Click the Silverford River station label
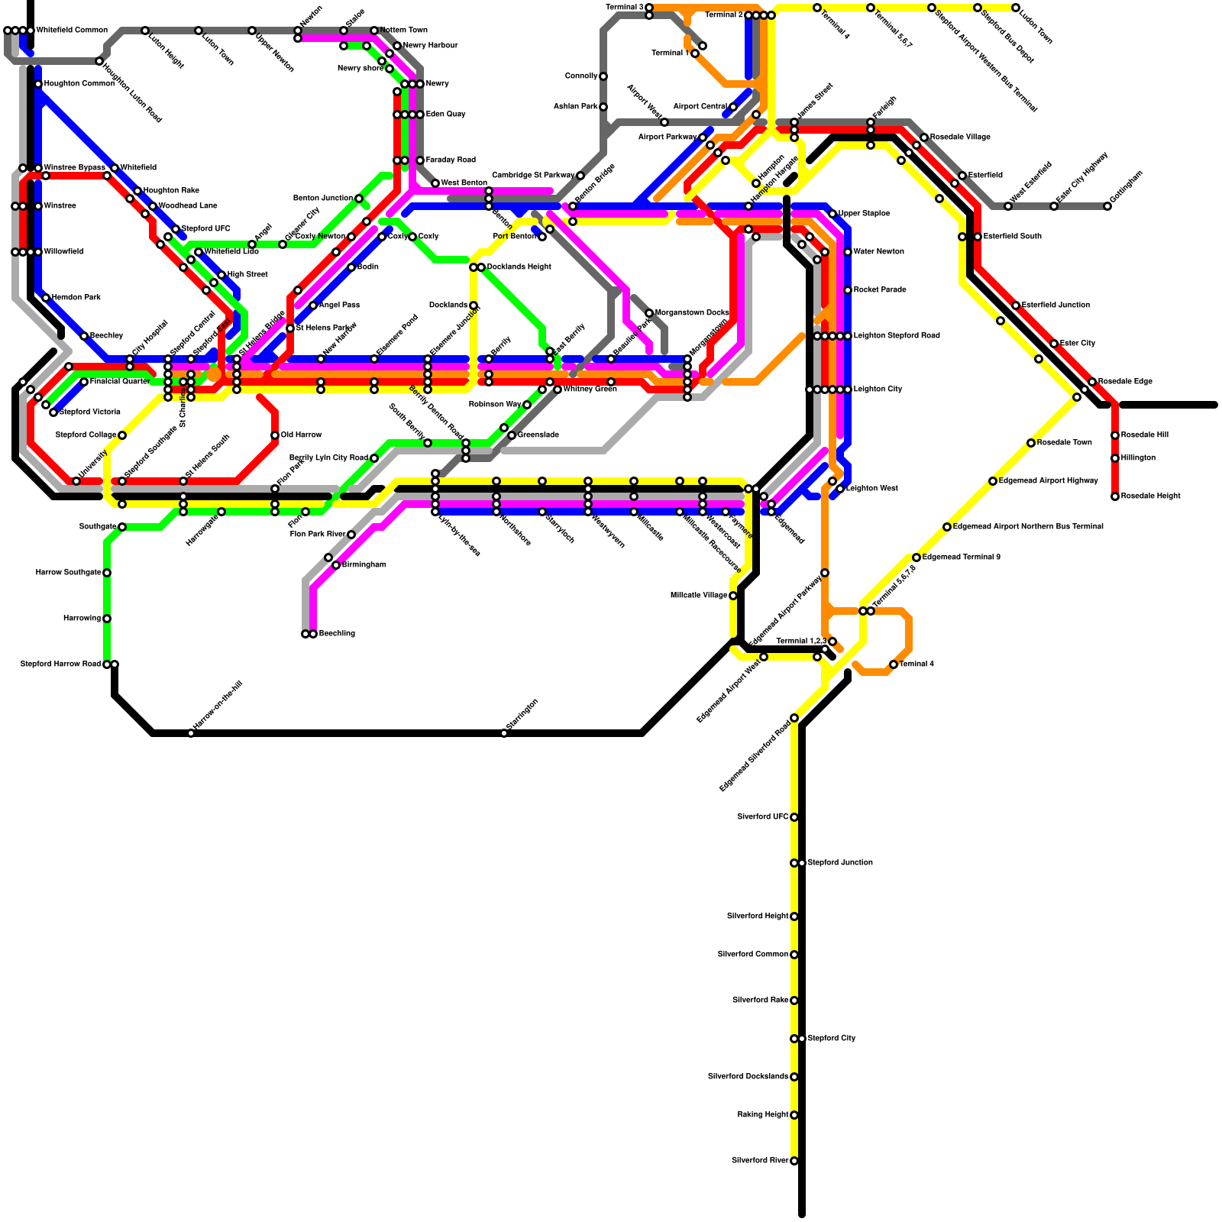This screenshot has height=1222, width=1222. coord(760,1161)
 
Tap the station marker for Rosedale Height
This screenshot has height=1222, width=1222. coord(1115,496)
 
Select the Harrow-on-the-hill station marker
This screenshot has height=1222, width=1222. coord(191,733)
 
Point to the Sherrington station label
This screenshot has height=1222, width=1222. coord(522,715)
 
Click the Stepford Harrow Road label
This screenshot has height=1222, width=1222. coord(60,664)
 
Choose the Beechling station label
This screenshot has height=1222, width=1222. coord(337,634)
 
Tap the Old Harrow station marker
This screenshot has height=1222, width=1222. coord(275,435)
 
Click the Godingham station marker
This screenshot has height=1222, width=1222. coord(1107,206)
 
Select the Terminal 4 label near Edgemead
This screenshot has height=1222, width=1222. coord(916,664)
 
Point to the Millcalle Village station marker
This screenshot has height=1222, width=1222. coord(733,596)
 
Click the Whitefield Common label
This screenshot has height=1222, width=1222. coord(72,31)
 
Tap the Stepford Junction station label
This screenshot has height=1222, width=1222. coord(840,863)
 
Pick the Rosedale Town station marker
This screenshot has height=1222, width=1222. coord(1031,443)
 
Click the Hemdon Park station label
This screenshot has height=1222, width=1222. coord(76,298)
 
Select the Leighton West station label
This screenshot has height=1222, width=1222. coord(872,489)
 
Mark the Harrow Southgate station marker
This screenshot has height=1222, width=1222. coord(107,573)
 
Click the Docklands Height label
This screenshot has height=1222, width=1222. coord(519,267)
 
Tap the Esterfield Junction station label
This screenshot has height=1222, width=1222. coord(1056,305)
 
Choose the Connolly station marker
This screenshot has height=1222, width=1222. coord(603,76)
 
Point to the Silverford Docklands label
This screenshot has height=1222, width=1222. coord(748,1077)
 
